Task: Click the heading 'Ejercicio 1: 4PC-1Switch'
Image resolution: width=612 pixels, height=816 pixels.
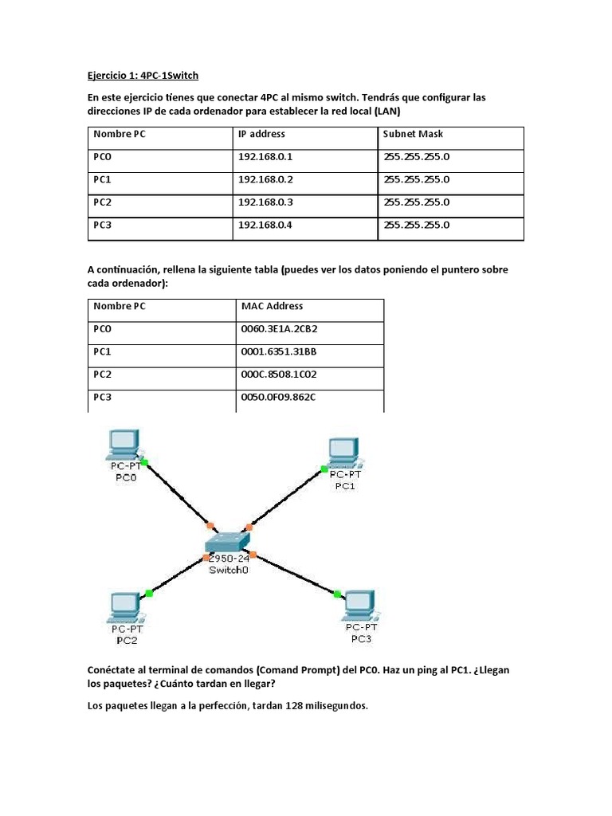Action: pos(143,75)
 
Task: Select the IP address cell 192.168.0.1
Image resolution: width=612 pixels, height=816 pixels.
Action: pos(265,157)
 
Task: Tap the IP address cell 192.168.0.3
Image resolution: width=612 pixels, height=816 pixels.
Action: pos(265,202)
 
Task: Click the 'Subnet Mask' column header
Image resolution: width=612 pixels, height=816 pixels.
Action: pos(413,134)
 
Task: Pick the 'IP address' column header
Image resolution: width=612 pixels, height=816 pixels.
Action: pos(261,134)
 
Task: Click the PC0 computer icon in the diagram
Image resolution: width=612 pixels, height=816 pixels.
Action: pos(123,445)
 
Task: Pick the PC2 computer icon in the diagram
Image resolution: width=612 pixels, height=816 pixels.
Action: pos(125,607)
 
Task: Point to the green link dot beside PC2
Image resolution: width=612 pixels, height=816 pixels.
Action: pos(149,592)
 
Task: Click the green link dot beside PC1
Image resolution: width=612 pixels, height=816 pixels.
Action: pos(324,469)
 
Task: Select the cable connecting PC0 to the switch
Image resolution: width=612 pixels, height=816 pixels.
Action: pos(171,491)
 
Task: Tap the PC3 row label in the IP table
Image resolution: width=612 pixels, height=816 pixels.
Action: pos(102,226)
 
